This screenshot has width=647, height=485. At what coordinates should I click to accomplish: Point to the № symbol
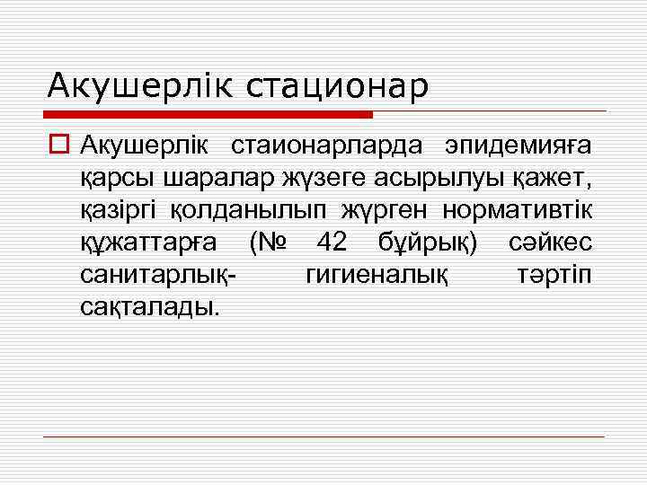(x=266, y=242)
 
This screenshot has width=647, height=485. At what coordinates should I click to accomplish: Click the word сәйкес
(x=549, y=242)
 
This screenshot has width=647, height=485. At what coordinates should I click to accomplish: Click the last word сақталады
(x=148, y=308)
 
